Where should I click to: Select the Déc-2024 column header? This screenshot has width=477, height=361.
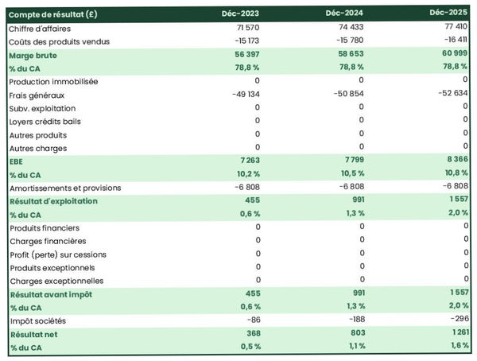point(346,14)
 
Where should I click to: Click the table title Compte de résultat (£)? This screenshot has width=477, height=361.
point(52,14)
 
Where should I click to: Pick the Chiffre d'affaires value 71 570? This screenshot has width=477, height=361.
point(246,28)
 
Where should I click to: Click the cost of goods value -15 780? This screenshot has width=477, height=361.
point(348,41)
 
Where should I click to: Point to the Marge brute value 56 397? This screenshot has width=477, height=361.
point(245,55)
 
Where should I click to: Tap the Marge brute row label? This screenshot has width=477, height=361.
point(33,55)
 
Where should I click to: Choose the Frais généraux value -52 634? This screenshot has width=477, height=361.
point(450,94)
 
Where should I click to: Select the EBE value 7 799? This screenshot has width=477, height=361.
point(351,161)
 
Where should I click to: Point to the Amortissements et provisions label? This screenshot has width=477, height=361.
point(64,188)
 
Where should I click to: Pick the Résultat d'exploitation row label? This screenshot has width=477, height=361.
point(52,201)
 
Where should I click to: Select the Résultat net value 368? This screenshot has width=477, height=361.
point(250,334)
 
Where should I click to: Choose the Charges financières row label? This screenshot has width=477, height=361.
point(47,241)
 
